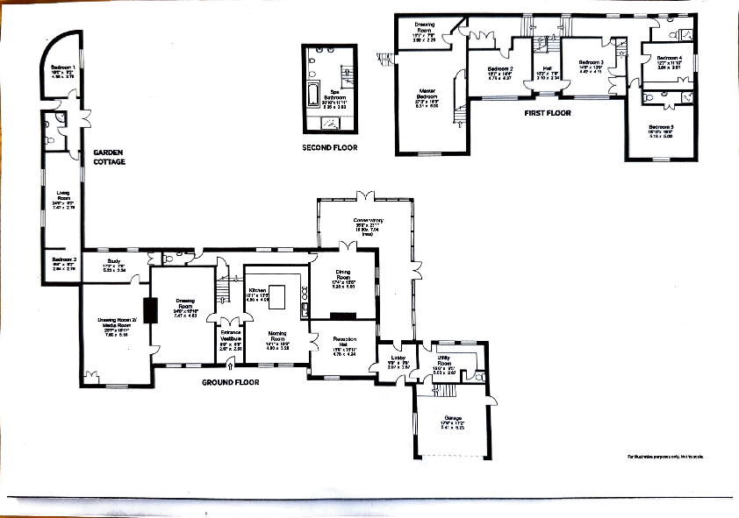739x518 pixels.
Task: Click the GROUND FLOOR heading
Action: click(233, 383)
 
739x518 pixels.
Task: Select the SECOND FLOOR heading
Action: click(330, 148)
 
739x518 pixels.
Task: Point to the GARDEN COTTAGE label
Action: click(111, 157)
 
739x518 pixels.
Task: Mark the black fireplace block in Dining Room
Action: click(343, 314)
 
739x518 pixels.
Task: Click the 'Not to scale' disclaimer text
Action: click(664, 457)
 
